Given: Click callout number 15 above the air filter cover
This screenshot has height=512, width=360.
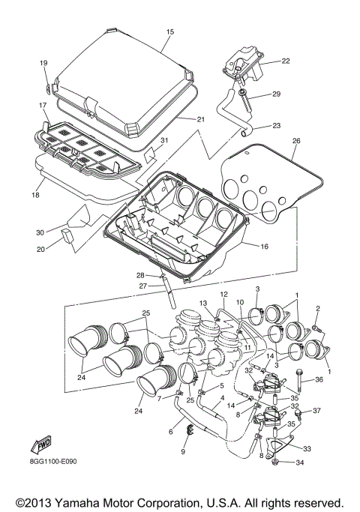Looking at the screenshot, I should coord(170,32).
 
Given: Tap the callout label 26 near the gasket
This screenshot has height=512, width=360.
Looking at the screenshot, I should coord(295,141).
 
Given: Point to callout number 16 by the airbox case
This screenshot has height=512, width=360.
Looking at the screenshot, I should coord(264,246).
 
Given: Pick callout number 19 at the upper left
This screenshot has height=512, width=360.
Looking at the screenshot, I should coord(43,63).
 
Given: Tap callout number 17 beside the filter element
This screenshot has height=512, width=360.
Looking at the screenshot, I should coord(43,106).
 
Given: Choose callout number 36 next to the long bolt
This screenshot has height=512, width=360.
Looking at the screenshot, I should coord(319,379).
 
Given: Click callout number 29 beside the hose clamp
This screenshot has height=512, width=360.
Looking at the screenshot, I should coord(276,94).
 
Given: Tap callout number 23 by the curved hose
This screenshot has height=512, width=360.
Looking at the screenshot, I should coord(276,126).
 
